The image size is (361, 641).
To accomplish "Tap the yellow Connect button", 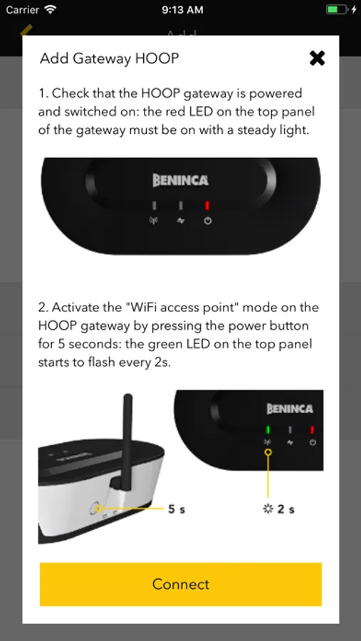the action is tap(181, 584).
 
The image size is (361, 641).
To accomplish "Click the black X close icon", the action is tap(318, 58).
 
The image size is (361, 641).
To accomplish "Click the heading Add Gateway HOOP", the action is tap(110, 58).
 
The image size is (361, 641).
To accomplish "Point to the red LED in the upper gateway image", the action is tap(207, 205).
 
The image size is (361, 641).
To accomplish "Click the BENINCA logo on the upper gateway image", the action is tap(180, 180).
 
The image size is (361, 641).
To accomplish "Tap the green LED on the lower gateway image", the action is tap(268, 429).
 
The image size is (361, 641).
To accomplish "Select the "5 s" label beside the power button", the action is tap(177, 509).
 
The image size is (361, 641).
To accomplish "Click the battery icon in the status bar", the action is tap(337, 9).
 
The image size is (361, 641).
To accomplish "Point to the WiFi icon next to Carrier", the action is tap(51, 9).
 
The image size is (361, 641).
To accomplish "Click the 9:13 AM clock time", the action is tap(182, 10).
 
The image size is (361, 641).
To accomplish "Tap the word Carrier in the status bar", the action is tap(23, 10).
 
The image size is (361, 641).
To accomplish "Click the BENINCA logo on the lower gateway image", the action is tap(290, 408).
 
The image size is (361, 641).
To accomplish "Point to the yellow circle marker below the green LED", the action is tap(268, 452).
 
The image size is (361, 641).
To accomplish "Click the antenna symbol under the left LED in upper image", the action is tap(153, 222).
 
